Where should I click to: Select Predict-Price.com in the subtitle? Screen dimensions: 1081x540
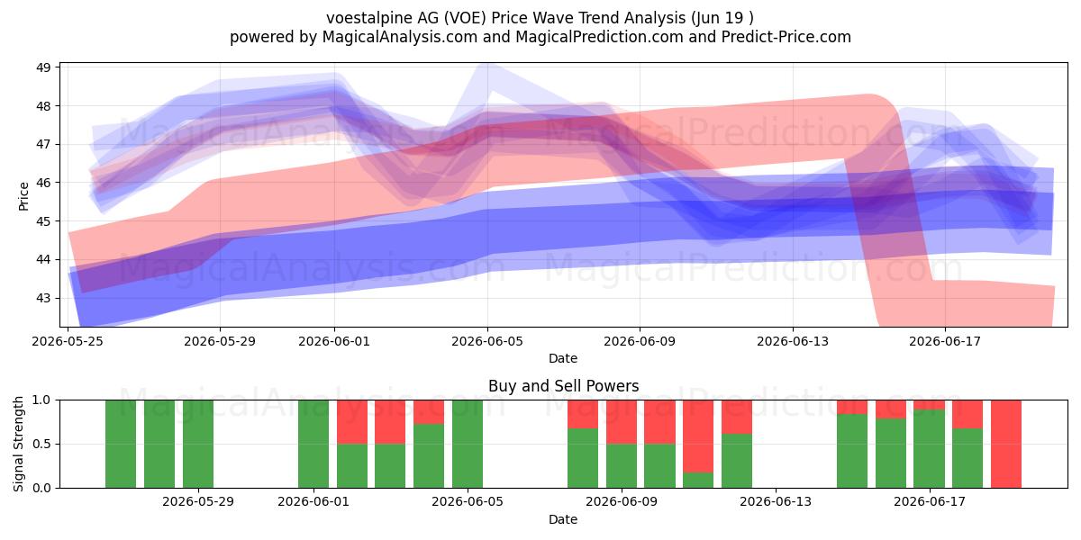click(786, 37)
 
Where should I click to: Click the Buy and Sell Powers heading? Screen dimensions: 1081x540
click(563, 386)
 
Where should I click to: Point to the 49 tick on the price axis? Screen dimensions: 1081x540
click(43, 67)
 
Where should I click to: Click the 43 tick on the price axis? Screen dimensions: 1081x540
click(43, 298)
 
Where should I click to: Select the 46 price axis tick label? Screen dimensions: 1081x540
click(43, 183)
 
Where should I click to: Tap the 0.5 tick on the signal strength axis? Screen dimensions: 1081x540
click(41, 444)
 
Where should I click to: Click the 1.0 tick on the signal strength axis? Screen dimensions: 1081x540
click(41, 400)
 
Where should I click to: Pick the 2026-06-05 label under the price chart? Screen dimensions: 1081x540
click(487, 341)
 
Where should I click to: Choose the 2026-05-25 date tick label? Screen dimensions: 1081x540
click(68, 341)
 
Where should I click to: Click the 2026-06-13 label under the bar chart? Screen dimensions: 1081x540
click(776, 502)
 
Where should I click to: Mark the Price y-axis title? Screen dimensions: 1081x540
click(23, 196)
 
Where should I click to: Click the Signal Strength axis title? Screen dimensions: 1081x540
click(18, 444)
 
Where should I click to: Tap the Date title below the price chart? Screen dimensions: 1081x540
click(563, 358)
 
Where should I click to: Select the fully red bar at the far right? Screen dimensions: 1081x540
click(1006, 444)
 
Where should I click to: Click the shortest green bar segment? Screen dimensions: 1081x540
click(698, 481)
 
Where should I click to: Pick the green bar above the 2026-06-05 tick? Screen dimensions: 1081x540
click(468, 444)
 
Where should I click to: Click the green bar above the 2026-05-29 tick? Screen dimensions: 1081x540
click(198, 444)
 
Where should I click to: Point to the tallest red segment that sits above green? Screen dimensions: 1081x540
click(698, 436)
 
